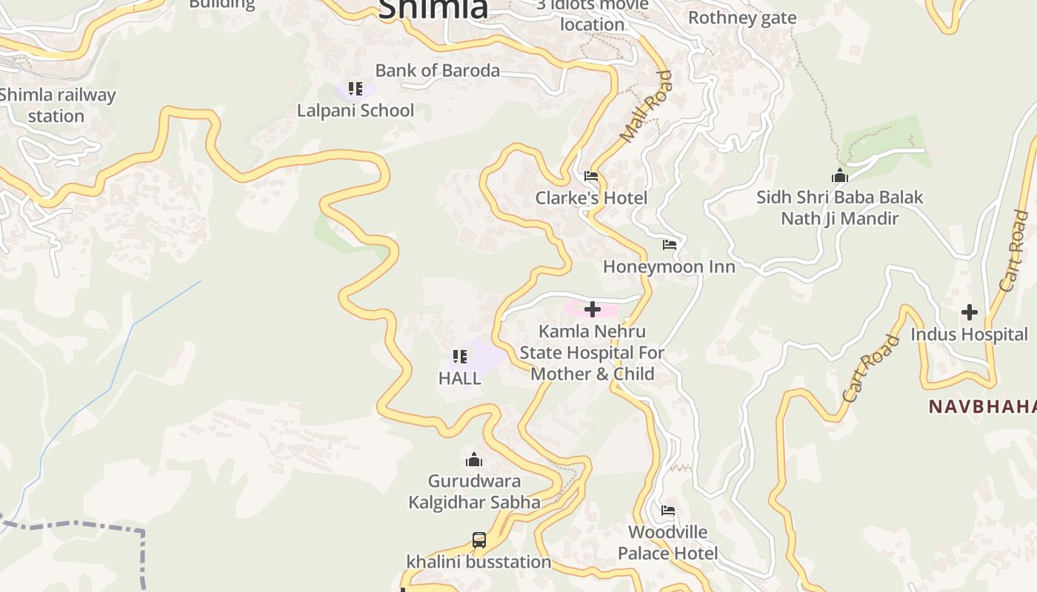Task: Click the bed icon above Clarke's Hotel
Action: [591, 176]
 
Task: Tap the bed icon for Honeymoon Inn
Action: [670, 245]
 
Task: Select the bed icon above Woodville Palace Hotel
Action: [668, 511]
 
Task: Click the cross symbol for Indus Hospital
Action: [969, 312]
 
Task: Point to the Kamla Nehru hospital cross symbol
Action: [593, 309]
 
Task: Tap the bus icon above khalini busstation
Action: [479, 540]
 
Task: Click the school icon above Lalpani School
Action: [356, 89]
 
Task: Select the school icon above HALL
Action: [460, 357]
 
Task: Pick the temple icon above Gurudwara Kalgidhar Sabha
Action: [474, 460]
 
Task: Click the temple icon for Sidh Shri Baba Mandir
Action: [839, 175]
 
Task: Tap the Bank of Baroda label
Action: [438, 70]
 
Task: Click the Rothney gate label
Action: [742, 18]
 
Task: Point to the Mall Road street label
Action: [647, 107]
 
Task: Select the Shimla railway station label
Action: [57, 105]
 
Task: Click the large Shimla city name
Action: [433, 9]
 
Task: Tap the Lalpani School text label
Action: [356, 110]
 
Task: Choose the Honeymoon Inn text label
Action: [669, 266]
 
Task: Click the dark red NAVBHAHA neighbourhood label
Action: [982, 406]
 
